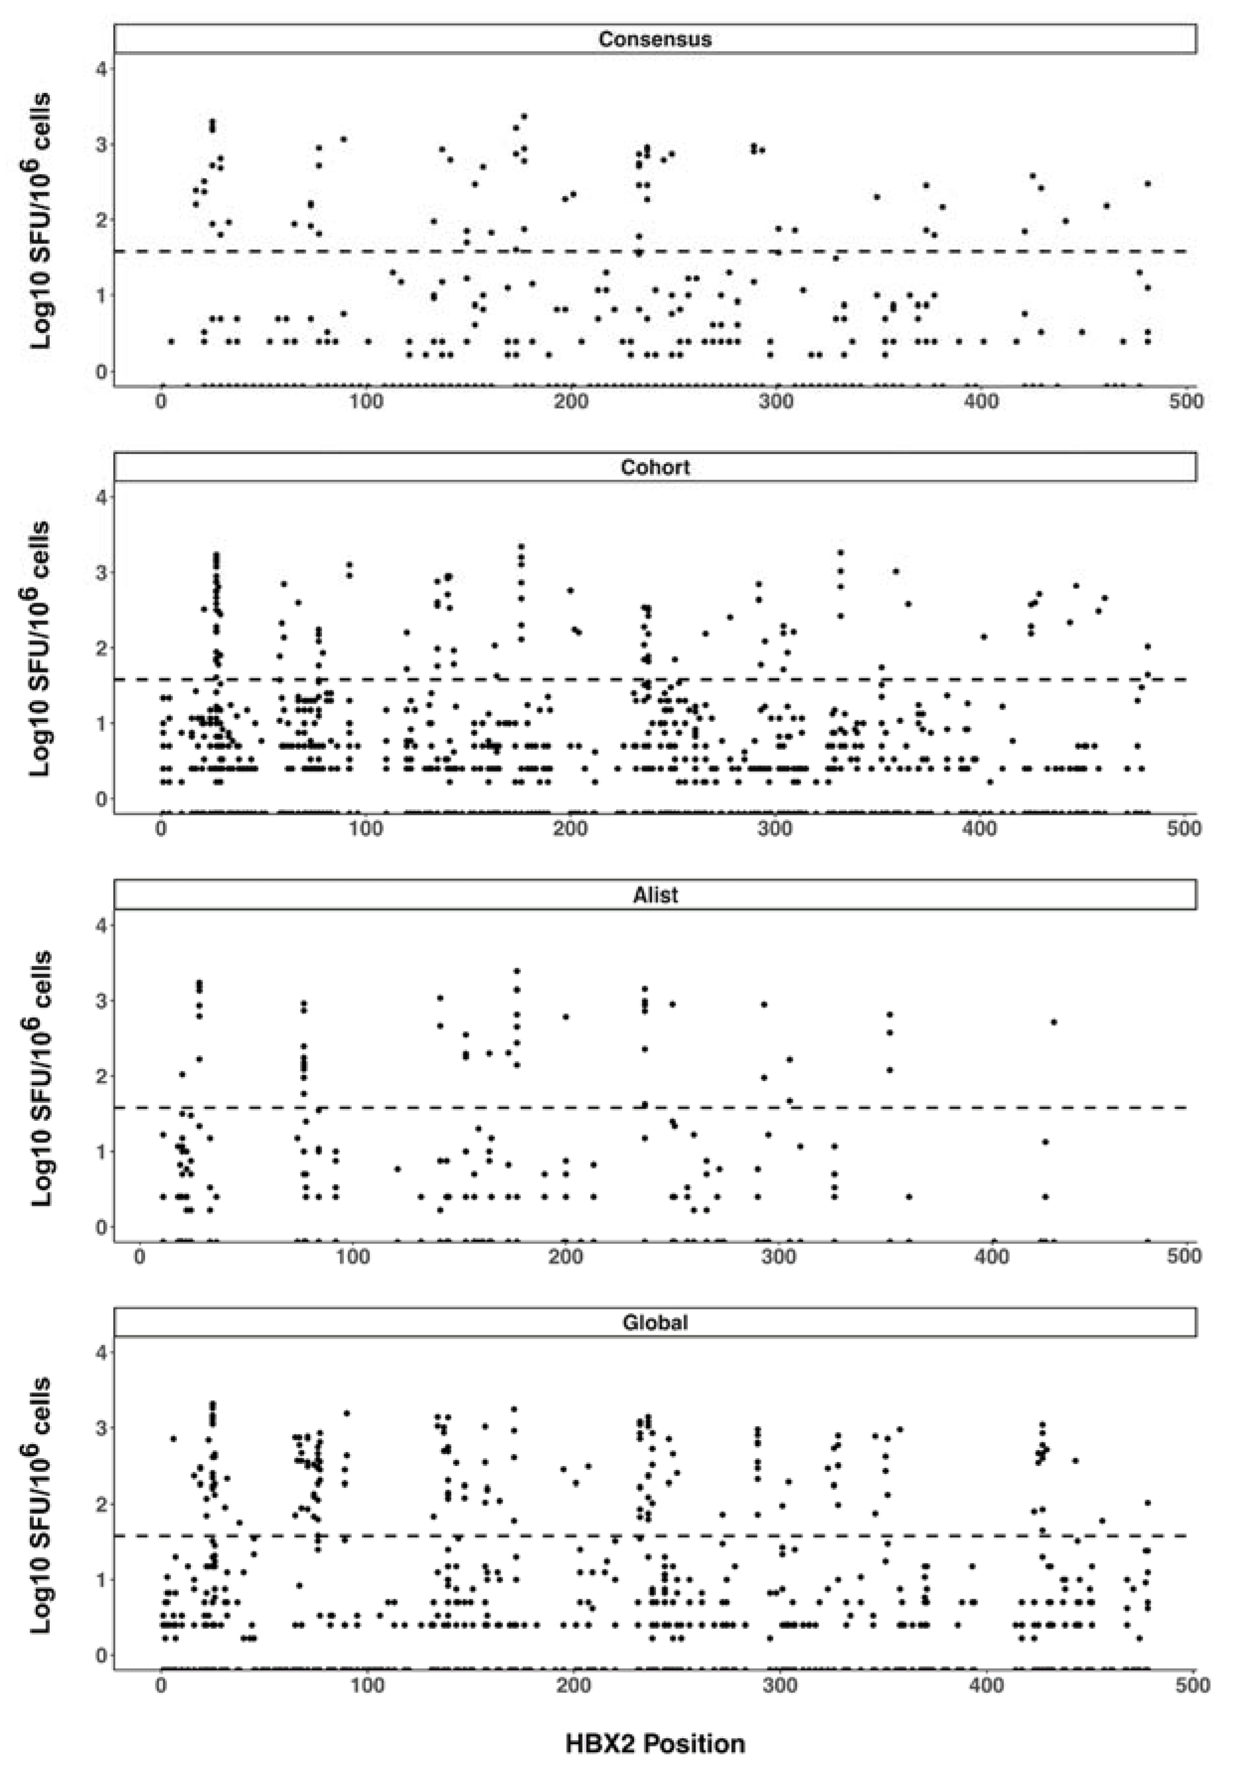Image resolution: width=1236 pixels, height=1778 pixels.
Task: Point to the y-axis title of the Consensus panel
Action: pyautogui.click(x=40, y=221)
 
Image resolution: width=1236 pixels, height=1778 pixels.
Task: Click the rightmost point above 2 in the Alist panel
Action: pyautogui.click(x=1053, y=1022)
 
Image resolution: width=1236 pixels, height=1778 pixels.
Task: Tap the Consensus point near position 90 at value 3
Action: pyautogui.click(x=344, y=140)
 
